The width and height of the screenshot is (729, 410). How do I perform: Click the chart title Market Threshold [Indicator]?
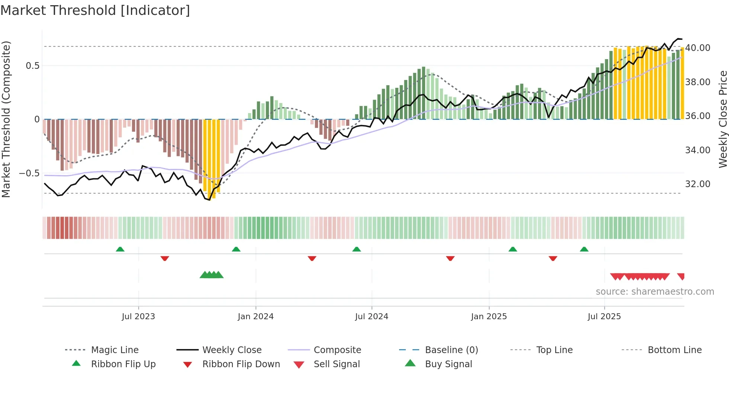[95, 10]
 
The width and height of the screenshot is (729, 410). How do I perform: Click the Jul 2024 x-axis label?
[371, 317]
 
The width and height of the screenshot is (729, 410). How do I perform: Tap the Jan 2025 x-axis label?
[488, 317]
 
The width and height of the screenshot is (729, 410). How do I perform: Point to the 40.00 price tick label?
[697, 48]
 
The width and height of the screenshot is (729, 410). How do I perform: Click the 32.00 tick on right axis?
[697, 184]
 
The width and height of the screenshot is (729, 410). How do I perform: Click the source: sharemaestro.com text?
[655, 292]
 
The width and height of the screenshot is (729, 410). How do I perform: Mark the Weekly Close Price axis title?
[723, 119]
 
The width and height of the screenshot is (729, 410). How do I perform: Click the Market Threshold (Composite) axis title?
[6, 119]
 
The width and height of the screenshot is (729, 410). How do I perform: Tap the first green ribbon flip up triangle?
[120, 249]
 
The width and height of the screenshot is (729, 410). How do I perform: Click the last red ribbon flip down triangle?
[553, 258]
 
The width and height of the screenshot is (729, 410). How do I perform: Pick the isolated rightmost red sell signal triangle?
[681, 276]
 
